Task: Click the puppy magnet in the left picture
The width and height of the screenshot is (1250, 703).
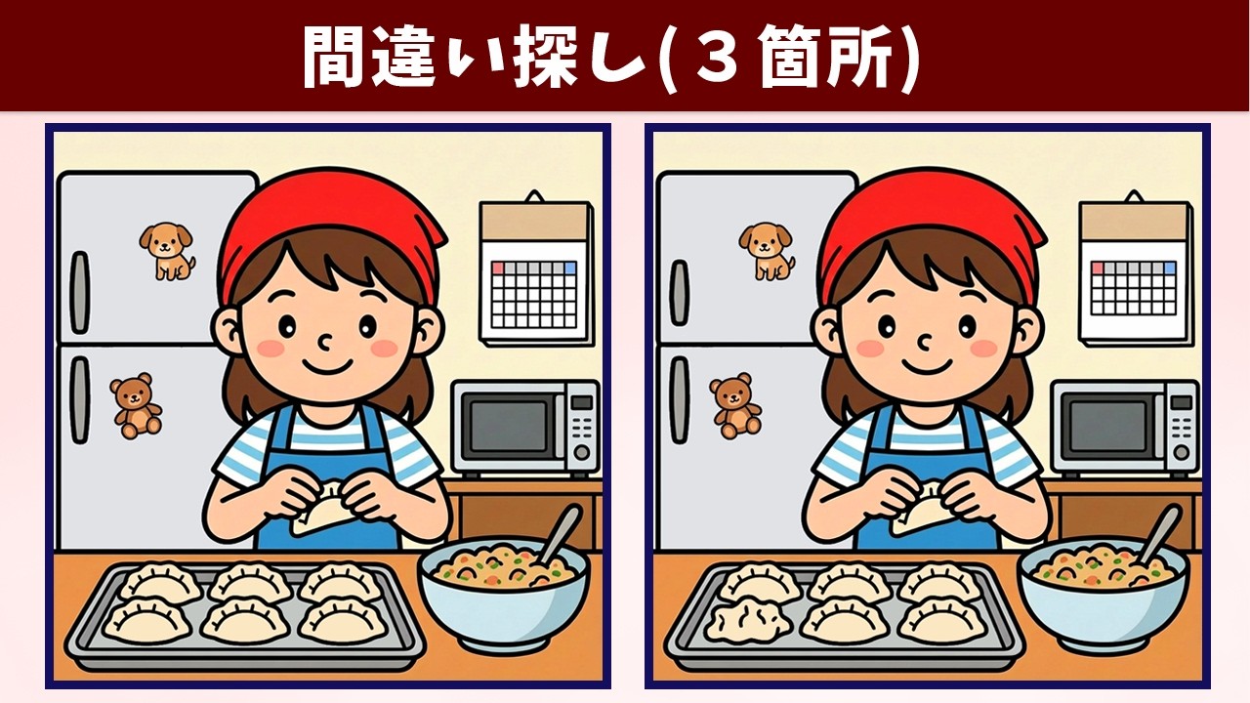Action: point(167,249)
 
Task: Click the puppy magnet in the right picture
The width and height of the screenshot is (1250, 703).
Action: point(767,249)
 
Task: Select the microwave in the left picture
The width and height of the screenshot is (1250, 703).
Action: point(524,426)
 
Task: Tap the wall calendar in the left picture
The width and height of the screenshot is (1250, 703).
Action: point(535,270)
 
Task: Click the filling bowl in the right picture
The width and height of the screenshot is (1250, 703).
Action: point(1103,595)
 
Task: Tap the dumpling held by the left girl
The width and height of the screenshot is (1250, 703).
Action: point(322,509)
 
